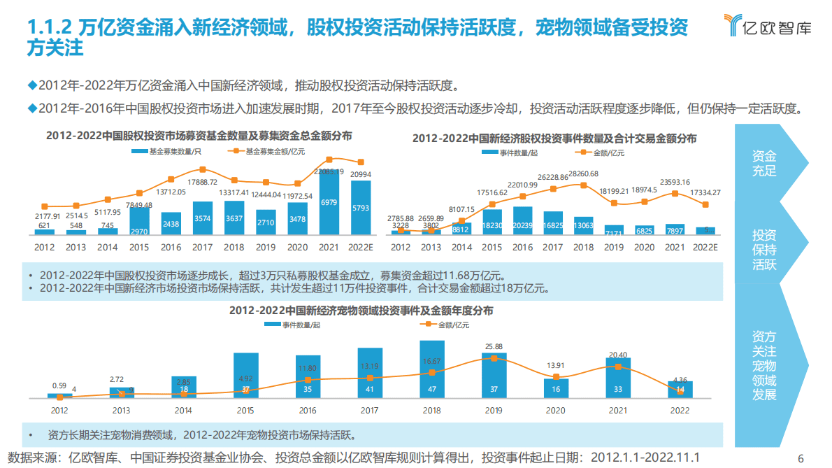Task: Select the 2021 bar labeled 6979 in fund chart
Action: pos(329,202)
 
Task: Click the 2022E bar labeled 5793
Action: pos(360,208)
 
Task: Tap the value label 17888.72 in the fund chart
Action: pos(202,182)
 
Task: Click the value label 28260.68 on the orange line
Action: pos(583,173)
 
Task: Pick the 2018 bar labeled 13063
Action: pos(583,226)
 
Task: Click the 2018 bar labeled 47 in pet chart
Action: pos(432,370)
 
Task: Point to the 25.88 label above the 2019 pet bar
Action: pos(494,346)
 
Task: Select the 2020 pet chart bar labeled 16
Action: pos(556,388)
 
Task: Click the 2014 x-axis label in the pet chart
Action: pos(183,411)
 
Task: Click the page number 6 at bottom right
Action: pos(801,458)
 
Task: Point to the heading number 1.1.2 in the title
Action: pos(48,28)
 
